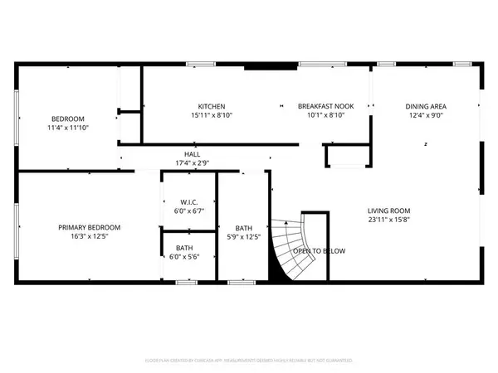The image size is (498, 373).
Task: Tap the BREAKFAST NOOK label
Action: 324,106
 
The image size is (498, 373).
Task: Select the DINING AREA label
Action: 426,106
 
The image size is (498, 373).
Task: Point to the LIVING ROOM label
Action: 389,211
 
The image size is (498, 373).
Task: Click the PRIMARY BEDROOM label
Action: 89,227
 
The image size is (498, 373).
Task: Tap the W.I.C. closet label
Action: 187,201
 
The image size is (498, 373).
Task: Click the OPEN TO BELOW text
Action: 319,251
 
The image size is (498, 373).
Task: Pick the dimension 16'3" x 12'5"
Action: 89,237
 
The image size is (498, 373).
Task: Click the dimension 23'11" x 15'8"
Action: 389,220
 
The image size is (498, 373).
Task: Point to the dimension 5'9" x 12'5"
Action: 244,237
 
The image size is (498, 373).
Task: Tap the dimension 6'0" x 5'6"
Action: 187,257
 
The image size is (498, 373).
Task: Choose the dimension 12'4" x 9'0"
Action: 426,116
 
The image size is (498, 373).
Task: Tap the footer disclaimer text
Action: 249,361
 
